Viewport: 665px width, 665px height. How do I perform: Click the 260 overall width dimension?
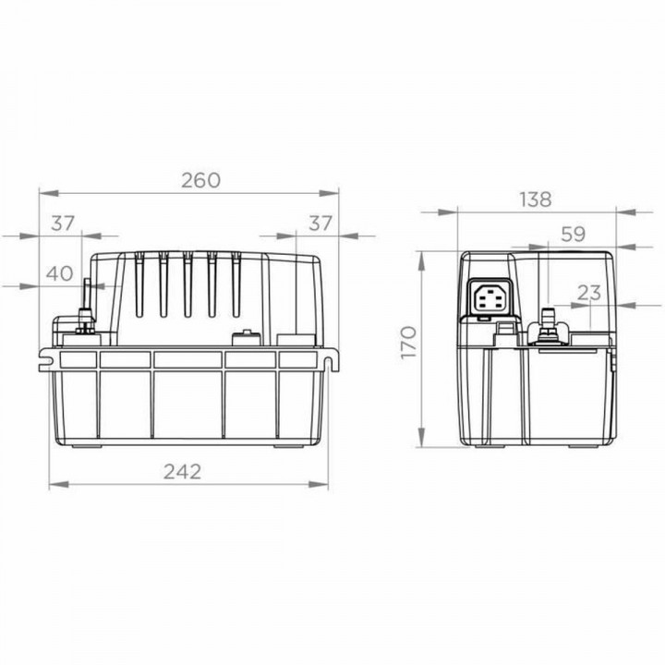(x=200, y=180)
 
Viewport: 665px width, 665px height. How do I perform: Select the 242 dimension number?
(x=183, y=471)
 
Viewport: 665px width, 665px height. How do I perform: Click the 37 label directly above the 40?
(x=62, y=224)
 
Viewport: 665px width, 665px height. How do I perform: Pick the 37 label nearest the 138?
(x=319, y=224)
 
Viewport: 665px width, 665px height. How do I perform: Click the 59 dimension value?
(x=573, y=235)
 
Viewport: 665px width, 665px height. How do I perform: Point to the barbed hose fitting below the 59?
(x=545, y=325)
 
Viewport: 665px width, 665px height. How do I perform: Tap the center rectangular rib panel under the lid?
(x=188, y=397)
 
